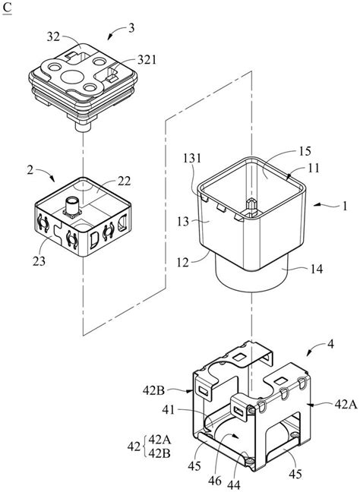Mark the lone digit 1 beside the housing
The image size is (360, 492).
[x=343, y=205]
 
